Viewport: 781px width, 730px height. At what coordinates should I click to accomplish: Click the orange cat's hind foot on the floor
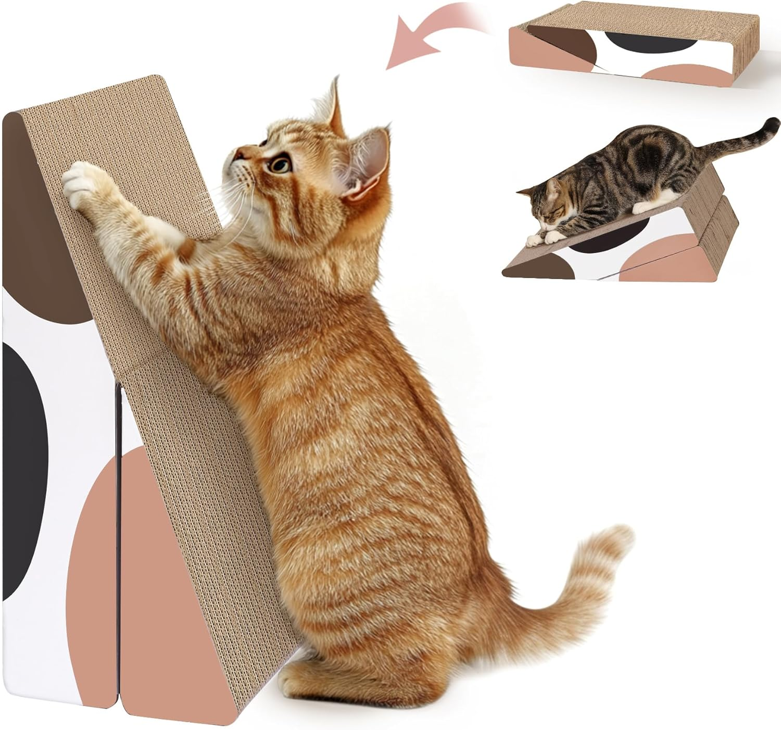click(x=312, y=682)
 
